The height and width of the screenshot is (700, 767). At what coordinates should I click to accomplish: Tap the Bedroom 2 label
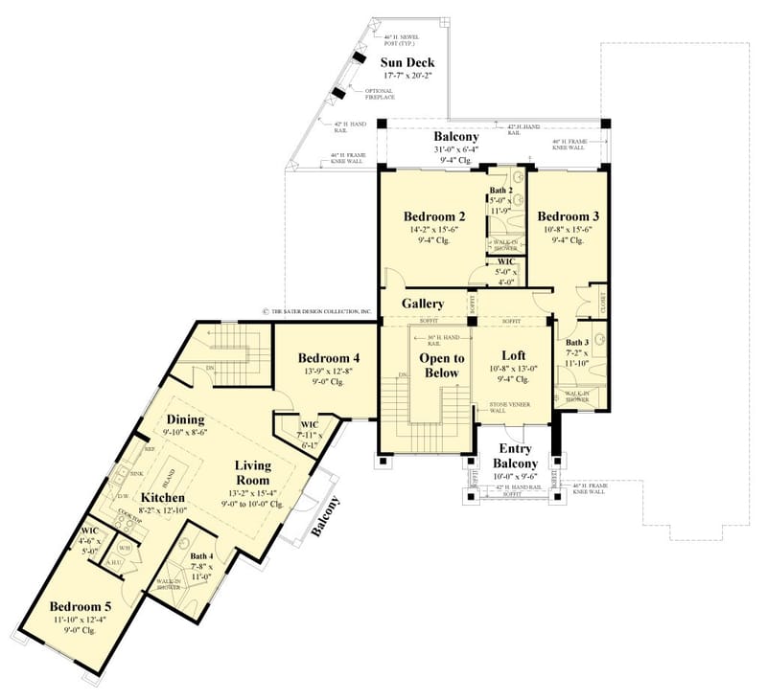pos(434,215)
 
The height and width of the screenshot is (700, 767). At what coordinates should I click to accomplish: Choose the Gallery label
pos(423,303)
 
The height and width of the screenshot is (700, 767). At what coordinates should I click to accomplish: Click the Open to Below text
pos(441,366)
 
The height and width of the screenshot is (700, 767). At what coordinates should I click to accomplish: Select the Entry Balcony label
pos(515,456)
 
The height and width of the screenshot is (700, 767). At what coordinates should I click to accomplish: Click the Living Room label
pos(254,473)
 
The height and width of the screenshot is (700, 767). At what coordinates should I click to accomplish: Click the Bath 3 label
pos(576,342)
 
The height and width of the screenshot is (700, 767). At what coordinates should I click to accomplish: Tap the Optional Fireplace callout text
pos(381,93)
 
